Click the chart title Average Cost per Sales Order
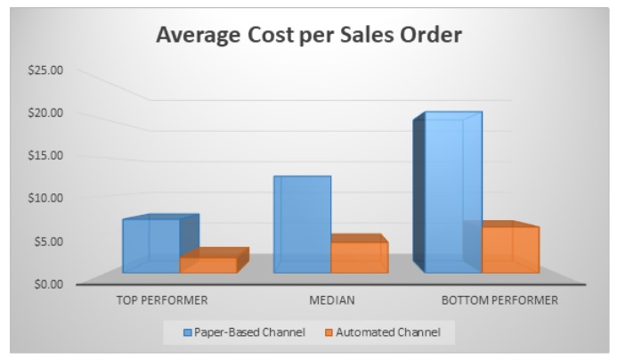click(x=308, y=36)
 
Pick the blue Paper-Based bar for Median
click(x=302, y=225)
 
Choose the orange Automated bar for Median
click(x=359, y=257)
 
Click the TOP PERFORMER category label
click(x=162, y=300)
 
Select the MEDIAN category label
click(x=331, y=300)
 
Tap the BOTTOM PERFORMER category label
click(x=500, y=300)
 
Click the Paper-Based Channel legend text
click(x=250, y=332)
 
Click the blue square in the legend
click(x=188, y=332)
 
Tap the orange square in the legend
click(x=329, y=332)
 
